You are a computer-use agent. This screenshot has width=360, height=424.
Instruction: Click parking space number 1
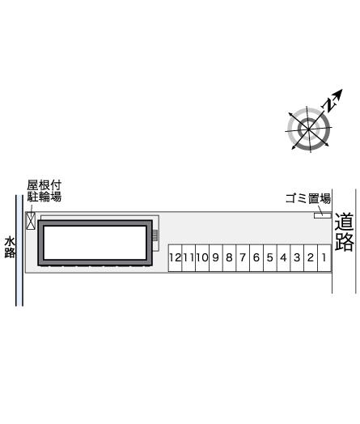[x=324, y=258]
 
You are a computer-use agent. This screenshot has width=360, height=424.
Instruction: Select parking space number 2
[x=311, y=258]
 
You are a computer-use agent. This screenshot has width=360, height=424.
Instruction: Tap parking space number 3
[x=297, y=258]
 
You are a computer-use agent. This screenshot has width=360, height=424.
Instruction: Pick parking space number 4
[x=283, y=258]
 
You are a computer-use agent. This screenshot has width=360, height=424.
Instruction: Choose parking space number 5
[x=270, y=258]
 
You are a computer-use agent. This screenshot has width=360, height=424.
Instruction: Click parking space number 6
[x=256, y=258]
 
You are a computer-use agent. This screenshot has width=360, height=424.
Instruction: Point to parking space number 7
[x=243, y=258]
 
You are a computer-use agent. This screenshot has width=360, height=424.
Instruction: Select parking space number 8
[x=229, y=258]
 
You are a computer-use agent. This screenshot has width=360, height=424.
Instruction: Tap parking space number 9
[x=216, y=258]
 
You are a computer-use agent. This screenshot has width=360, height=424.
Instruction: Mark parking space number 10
[x=202, y=258]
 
